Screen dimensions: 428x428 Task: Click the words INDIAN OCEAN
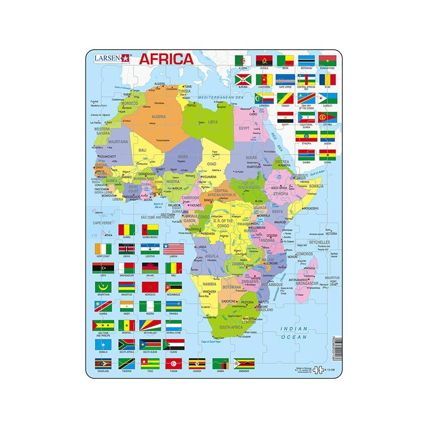293,333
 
